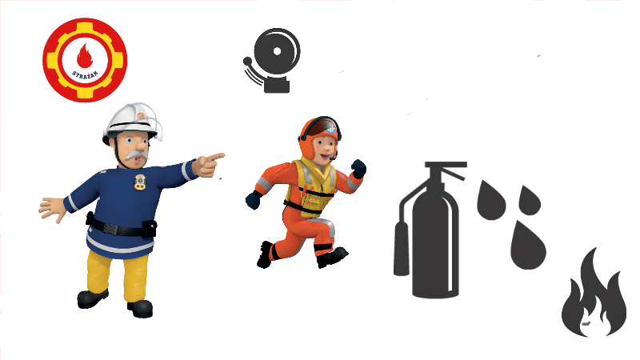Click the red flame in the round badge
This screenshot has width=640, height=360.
tap(85, 56)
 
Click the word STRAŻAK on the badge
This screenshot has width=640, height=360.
tap(85, 76)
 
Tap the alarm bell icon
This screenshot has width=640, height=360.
tap(272, 61)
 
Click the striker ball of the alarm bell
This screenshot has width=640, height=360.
tap(247, 62)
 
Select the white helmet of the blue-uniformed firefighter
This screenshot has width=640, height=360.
tap(131, 121)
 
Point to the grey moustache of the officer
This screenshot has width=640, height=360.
tap(137, 155)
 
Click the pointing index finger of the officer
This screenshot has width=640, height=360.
tap(215, 156)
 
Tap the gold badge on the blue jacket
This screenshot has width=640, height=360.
tap(140, 182)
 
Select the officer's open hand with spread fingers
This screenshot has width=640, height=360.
tap(52, 209)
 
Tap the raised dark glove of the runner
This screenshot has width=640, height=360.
tap(358, 168)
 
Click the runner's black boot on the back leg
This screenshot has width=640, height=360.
tap(265, 254)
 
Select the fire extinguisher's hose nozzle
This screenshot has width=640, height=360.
tap(402, 249)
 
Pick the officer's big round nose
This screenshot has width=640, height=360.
tap(142, 144)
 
